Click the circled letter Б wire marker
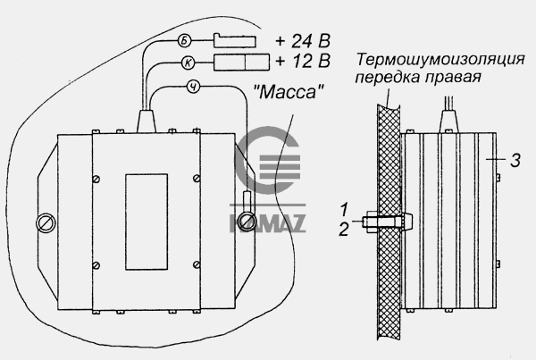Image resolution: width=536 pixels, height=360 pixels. [x=185, y=41]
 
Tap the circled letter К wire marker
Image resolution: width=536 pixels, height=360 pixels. [x=188, y=63]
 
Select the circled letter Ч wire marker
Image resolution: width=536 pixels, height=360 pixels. [x=194, y=88]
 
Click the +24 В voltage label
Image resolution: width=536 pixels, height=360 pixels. [x=303, y=41]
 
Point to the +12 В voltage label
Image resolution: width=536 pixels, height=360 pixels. [x=303, y=61]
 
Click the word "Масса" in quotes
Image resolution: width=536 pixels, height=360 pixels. [x=289, y=92]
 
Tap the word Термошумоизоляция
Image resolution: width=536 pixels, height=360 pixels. [x=440, y=59]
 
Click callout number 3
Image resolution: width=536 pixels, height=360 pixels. [x=515, y=160]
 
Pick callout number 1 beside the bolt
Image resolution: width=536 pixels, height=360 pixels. [x=344, y=209]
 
